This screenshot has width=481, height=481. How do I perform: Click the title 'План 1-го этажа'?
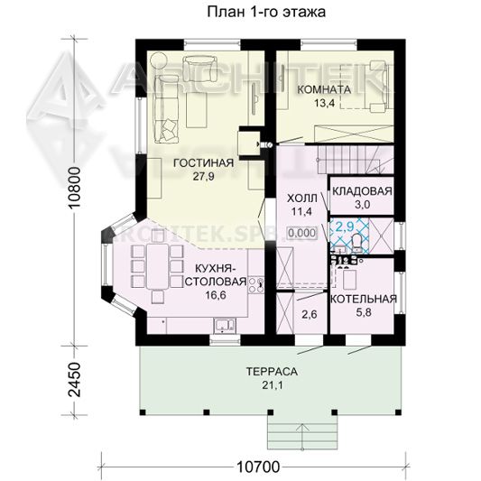(x=266, y=13)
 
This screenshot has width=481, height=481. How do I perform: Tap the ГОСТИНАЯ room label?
(x=203, y=162)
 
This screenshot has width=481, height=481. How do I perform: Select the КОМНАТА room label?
(x=324, y=89)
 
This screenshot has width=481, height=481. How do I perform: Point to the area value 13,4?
(x=324, y=103)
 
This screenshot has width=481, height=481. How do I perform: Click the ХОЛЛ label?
(x=302, y=199)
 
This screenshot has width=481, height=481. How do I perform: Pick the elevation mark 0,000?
(x=302, y=233)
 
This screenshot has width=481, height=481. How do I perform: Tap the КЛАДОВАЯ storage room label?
(x=362, y=191)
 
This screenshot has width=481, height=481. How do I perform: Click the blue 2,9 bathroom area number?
(x=345, y=227)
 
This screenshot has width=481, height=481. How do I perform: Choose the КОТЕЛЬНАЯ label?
(x=364, y=299)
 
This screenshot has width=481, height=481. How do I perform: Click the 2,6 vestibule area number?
(x=310, y=314)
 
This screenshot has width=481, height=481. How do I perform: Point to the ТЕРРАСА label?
(x=273, y=372)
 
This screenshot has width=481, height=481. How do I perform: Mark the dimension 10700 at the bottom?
(x=258, y=467)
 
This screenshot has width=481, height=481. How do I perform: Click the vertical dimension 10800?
(x=75, y=188)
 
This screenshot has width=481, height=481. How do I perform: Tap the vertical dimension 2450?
(x=75, y=380)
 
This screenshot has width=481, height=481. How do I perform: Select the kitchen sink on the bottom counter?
(x=225, y=325)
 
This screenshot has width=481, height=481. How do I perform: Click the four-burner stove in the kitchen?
(x=256, y=285)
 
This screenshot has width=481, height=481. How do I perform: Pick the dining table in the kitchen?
(x=157, y=266)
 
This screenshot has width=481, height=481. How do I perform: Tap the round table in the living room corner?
(x=159, y=60)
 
